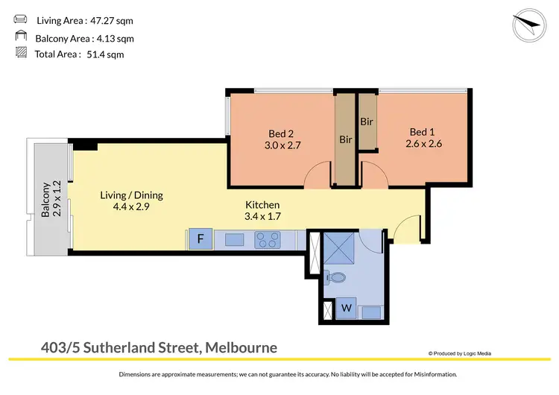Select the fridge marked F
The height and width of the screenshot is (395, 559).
[x=200, y=240]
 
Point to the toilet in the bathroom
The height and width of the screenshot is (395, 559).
[x=337, y=278]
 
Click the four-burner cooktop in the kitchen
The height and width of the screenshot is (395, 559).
[x=268, y=240]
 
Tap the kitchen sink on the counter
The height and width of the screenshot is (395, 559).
[x=233, y=240]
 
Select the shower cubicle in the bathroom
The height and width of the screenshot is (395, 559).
[x=339, y=246]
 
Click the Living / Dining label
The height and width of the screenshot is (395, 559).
[x=131, y=201]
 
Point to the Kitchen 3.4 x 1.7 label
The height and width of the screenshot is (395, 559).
[x=262, y=211]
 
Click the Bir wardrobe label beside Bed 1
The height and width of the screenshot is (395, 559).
[x=367, y=121]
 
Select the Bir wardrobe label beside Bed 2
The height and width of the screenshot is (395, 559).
[x=345, y=139]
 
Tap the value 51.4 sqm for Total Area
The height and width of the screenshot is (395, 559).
[x=106, y=54]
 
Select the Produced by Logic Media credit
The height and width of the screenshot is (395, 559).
[x=460, y=353]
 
